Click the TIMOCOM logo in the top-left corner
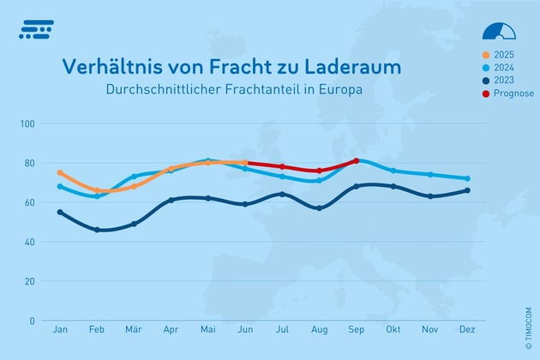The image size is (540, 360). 35,30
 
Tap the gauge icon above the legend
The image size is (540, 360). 500,32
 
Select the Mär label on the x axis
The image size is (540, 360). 134,330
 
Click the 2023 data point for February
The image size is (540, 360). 97,230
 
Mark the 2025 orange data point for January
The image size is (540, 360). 60,173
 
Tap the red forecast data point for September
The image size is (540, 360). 356,161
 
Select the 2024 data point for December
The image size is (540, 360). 466,178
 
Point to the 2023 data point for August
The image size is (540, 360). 319,208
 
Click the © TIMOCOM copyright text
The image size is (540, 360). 529,303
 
